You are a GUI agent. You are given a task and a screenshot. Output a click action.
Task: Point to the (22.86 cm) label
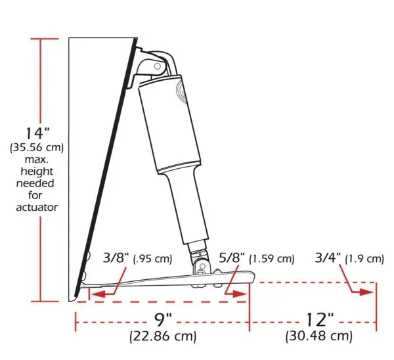(163, 338)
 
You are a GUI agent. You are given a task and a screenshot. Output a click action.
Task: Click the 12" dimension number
(320, 321)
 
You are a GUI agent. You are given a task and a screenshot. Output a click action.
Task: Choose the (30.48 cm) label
(318, 338)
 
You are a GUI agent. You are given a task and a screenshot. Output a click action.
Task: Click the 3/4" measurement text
(329, 258)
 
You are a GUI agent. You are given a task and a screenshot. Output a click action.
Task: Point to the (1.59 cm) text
(272, 259)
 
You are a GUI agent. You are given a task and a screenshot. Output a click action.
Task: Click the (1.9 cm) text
(365, 259)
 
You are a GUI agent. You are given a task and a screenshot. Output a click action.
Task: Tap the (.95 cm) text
(152, 259)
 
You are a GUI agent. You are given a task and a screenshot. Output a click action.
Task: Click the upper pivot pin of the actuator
(158, 66)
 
